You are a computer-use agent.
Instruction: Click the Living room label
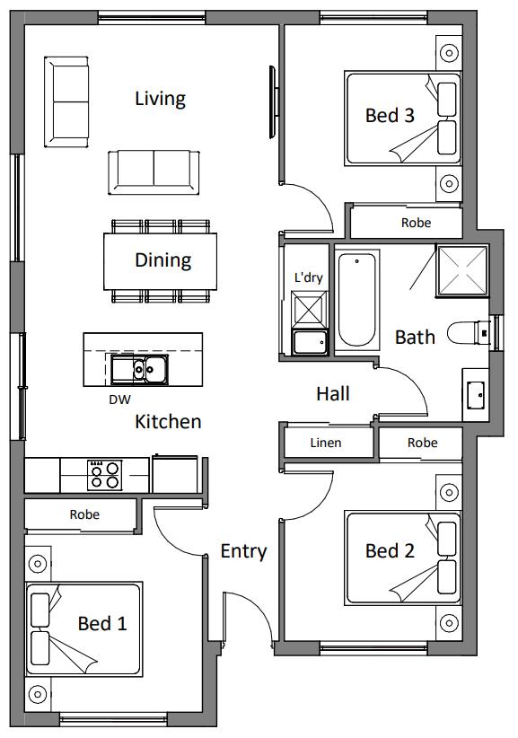tap(160, 100)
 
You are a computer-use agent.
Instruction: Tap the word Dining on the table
tap(162, 260)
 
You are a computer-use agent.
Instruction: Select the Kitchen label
tap(168, 422)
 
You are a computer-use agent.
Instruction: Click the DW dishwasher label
tap(119, 400)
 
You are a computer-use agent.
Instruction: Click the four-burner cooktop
tap(104, 475)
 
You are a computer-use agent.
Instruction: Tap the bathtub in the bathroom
tap(356, 300)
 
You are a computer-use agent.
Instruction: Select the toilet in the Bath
tap(469, 333)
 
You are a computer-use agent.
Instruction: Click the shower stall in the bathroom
tap(463, 270)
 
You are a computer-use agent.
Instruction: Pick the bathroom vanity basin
tap(475, 395)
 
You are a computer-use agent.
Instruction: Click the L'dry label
tap(308, 277)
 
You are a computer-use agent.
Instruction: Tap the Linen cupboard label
tap(326, 443)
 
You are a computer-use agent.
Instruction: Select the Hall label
tap(333, 394)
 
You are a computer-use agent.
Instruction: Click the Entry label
tap(243, 551)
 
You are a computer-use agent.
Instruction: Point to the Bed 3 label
tap(390, 115)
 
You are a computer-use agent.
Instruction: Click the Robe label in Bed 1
tap(84, 514)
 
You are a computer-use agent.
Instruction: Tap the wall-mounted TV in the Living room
tap(273, 102)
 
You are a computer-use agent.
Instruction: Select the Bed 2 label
tap(390, 551)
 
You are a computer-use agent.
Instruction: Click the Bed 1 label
tap(102, 624)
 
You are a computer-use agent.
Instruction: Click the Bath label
tap(415, 338)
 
